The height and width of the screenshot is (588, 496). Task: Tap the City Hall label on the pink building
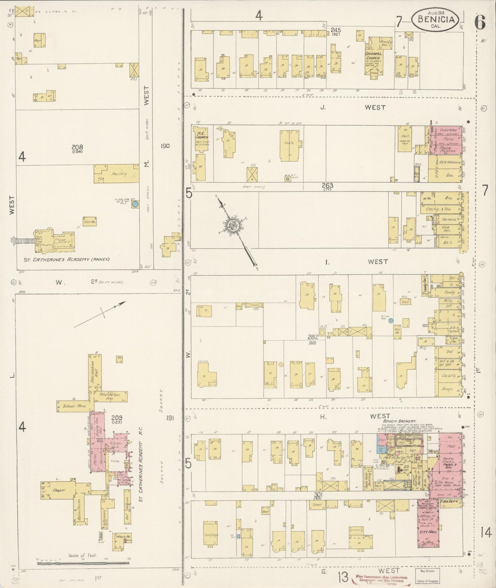[428, 541]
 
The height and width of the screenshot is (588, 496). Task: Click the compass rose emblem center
[231, 225]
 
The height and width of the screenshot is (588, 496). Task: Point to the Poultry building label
[119, 174]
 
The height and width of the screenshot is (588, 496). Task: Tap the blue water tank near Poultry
[135, 204]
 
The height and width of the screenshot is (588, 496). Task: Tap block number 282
[312, 337]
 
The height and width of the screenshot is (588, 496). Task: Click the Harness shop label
[448, 219]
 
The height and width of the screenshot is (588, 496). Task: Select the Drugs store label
[447, 389]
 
